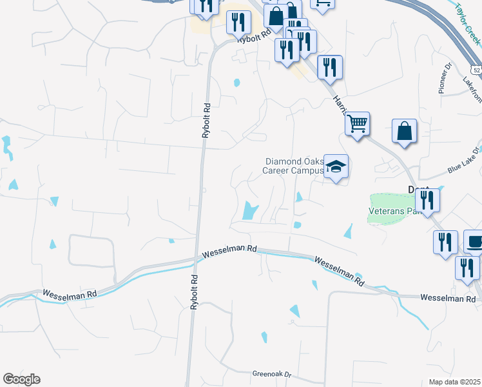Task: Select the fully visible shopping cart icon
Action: tap(357, 123)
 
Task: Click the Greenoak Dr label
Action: tap(272, 374)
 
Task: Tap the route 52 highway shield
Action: tap(476, 69)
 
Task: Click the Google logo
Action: tap(21, 379)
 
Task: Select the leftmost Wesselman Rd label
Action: tap(70, 293)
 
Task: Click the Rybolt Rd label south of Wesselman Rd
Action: tap(193, 292)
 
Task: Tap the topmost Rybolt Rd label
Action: tap(253, 38)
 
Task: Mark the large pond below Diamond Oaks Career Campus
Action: tap(249, 210)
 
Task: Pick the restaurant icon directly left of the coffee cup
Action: tap(445, 243)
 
